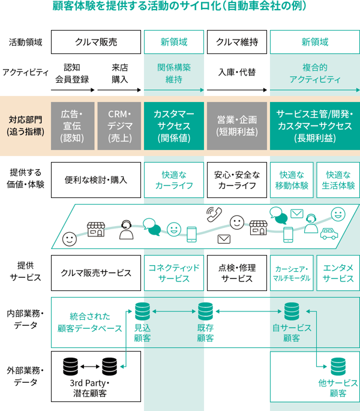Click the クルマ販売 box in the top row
click(96, 42)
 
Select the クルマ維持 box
click(236, 42)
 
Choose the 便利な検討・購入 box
click(96, 180)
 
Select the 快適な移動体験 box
click(292, 180)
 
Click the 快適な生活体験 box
click(337, 180)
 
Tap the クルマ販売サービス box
click(96, 273)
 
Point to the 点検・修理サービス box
click(236, 273)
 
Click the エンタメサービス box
click(337, 273)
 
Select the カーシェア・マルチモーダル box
click(292, 273)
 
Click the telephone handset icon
click(213, 214)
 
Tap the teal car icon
click(329, 233)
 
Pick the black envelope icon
click(224, 239)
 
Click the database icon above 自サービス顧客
click(292, 311)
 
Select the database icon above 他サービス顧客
click(337, 367)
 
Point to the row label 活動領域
click(25, 43)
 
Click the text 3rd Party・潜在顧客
click(88, 388)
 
